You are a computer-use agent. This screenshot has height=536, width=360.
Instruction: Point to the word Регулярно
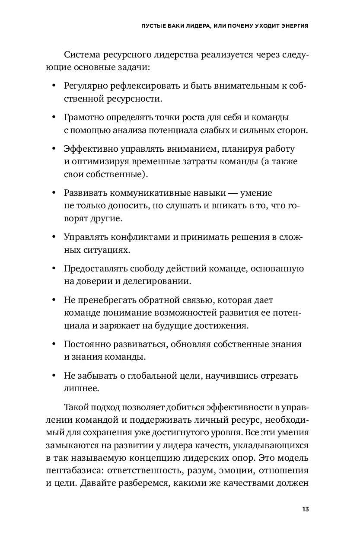coord(84,86)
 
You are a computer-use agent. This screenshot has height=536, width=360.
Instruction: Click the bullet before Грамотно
coord(54,117)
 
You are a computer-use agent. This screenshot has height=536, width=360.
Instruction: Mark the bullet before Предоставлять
coord(54,268)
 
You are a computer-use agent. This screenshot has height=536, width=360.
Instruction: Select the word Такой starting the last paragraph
coord(77,407)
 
